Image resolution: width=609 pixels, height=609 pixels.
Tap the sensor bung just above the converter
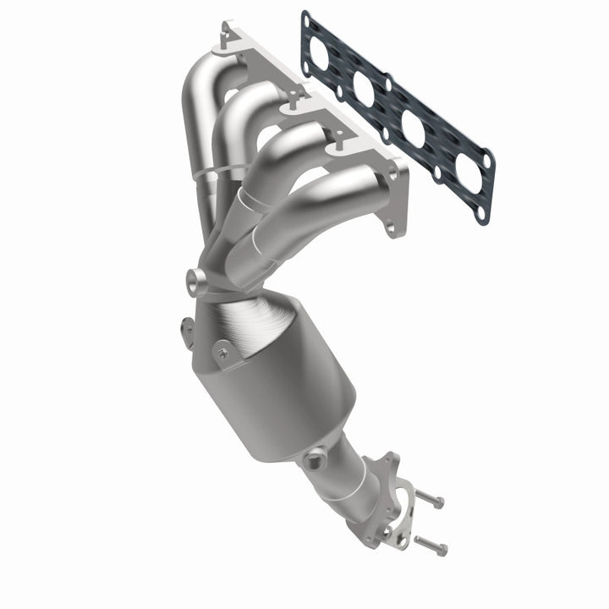[x=197, y=281]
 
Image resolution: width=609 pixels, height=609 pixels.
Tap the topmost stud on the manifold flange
[x=227, y=32]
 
